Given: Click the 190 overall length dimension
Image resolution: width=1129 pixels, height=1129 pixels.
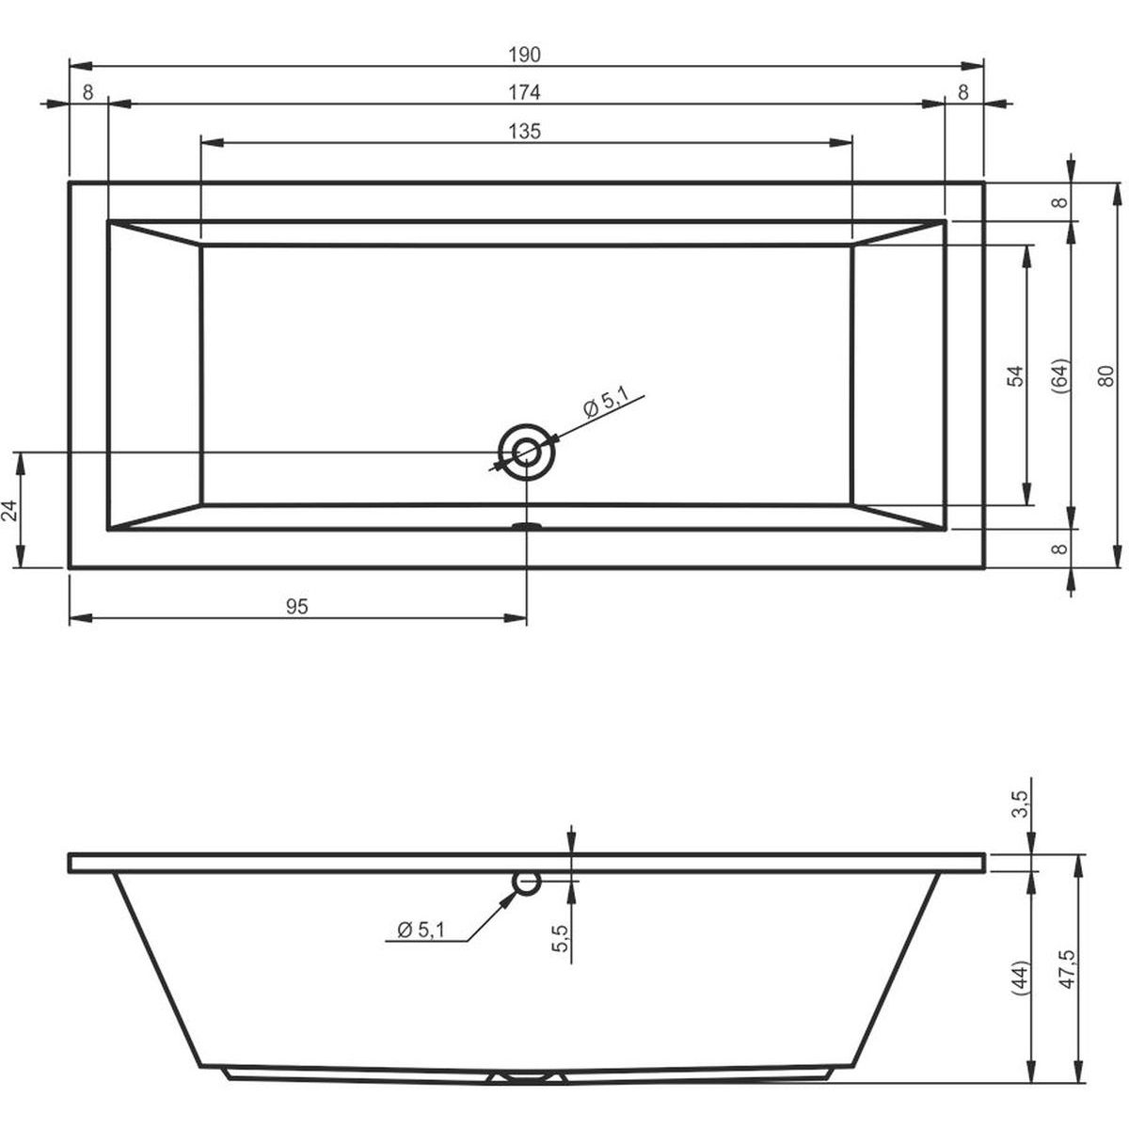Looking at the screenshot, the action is coord(524,55).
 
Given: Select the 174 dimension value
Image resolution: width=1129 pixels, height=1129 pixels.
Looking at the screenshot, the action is coord(524,92).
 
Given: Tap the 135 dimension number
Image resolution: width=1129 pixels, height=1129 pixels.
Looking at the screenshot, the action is coord(524,131).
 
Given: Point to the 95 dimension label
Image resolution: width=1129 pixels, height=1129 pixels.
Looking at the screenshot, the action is coord(297,607).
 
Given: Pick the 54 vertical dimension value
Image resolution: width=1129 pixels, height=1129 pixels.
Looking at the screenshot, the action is coord(1016,375).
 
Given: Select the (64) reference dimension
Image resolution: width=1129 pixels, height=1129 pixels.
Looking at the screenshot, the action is coord(1061,375).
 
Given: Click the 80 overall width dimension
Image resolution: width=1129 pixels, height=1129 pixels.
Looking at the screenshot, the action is coord(1105,375).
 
